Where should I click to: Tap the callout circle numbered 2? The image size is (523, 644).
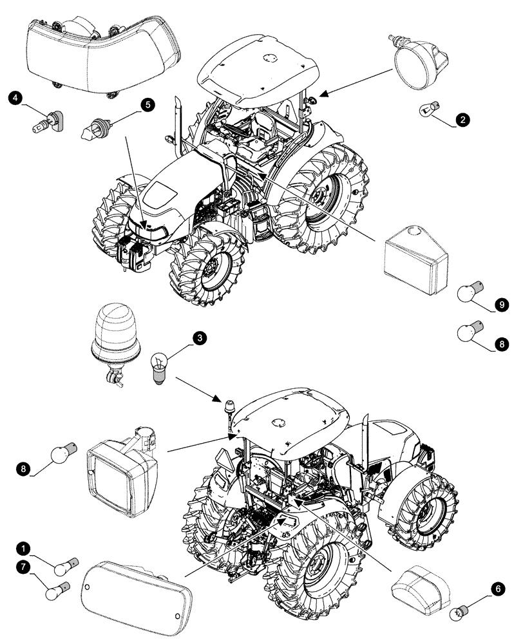click(461, 119)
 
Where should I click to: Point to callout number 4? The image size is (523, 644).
click(14, 99)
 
